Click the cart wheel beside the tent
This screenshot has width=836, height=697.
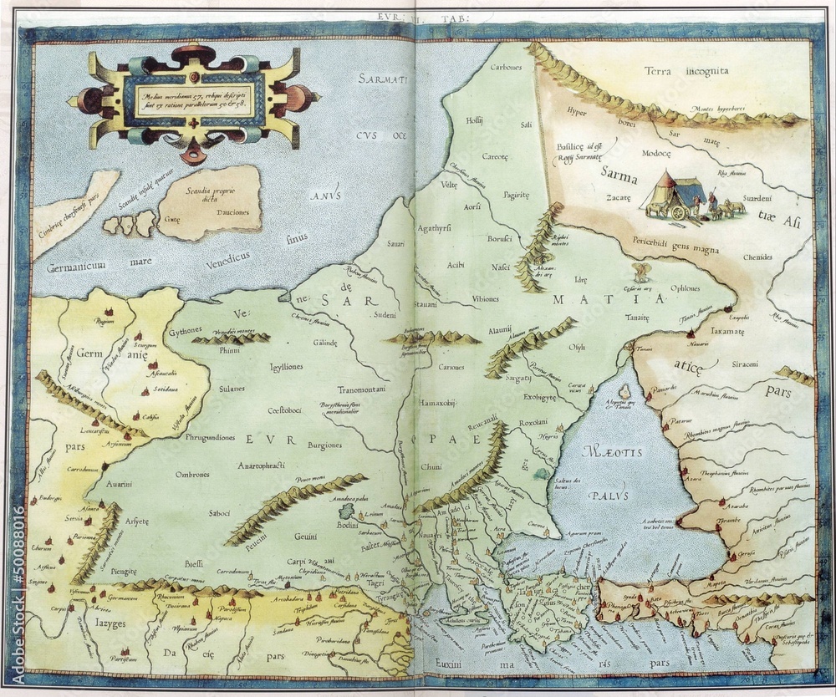pyautogui.click(x=679, y=212)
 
